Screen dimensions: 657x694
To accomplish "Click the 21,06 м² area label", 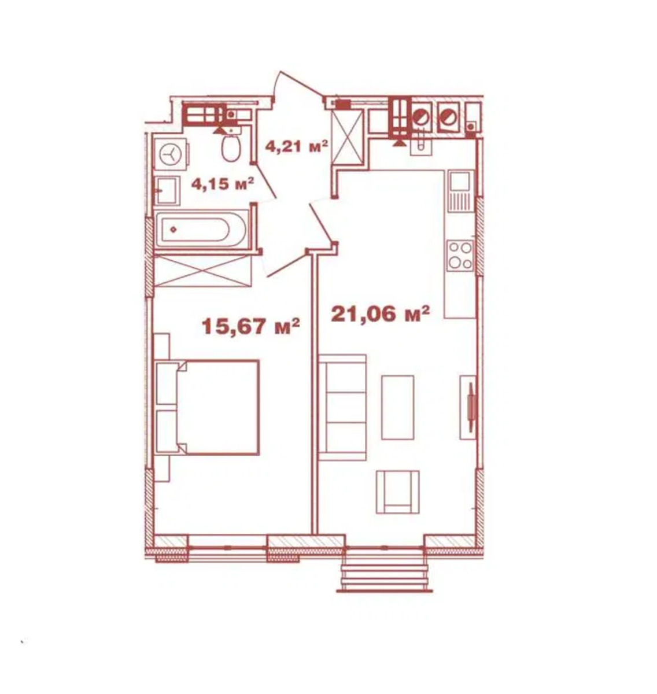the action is pos(380,314).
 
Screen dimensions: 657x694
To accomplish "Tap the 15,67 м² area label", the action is pos(250,326).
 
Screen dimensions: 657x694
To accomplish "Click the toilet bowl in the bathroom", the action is pos(231,147).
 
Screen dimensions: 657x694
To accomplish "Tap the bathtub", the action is pos(202,229).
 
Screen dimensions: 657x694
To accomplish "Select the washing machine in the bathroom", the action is pos(171,154).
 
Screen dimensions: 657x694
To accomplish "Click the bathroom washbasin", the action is pos(168,191).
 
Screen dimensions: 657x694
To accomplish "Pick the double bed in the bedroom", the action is pos(208,407).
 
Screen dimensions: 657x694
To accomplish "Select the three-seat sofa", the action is pos(342,408).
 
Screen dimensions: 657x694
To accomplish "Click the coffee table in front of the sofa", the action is pos(397,407).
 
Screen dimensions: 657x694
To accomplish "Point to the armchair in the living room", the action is pos(397,492).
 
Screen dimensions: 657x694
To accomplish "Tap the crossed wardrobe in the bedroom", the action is pos(202,271).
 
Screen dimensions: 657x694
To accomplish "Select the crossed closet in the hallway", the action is pos(348,137).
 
